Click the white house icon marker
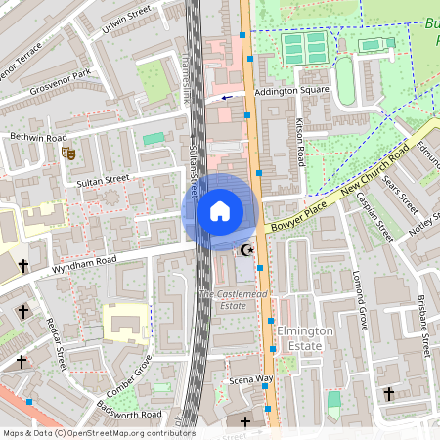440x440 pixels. point(220,211)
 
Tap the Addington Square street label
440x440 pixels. point(290,91)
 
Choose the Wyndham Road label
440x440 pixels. point(85,261)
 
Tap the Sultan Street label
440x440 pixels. point(104,180)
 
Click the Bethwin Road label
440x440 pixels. point(38,138)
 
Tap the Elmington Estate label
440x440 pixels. point(305,338)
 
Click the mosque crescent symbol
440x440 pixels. point(246,251)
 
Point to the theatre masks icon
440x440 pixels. point(68,153)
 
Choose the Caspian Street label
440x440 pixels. point(374,217)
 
